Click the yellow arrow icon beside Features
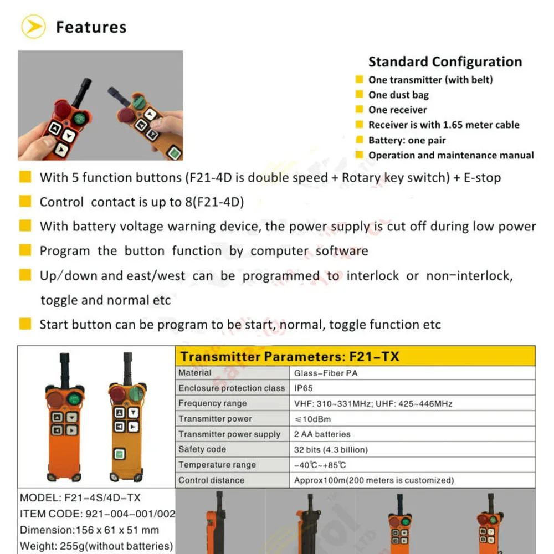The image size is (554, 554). point(33,27)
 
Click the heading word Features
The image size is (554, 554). point(91,27)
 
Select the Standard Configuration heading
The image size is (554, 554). point(445,62)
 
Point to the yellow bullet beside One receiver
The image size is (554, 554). point(359,110)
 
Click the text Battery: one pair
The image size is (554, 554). point(407,140)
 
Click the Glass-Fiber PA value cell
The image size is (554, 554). point(326,373)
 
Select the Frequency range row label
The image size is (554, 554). point(212,403)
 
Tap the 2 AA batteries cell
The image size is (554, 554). point(322,434)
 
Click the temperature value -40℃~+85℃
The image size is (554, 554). point(320,465)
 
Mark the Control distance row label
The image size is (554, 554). point(211,480)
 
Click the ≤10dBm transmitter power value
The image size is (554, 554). point(312,419)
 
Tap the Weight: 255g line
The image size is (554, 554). point(96,546)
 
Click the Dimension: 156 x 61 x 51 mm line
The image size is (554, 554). point(89,530)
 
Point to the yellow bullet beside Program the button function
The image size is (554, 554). point(25,250)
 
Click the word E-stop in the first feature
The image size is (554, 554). point(481,178)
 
